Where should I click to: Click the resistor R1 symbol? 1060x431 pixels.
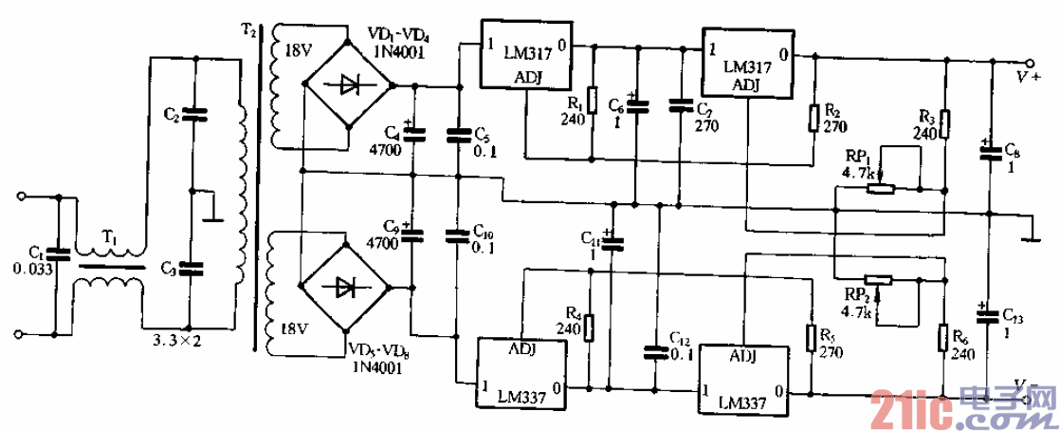593,99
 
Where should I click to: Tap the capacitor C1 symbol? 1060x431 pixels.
58,253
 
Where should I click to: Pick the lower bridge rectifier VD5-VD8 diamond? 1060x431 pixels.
348,284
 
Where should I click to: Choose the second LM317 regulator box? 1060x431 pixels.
748,63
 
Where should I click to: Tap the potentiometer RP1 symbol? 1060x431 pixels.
881,188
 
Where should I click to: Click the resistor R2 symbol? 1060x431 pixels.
813,118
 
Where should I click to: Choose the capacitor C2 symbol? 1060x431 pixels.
193,115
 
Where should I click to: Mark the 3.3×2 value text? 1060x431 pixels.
178,338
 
